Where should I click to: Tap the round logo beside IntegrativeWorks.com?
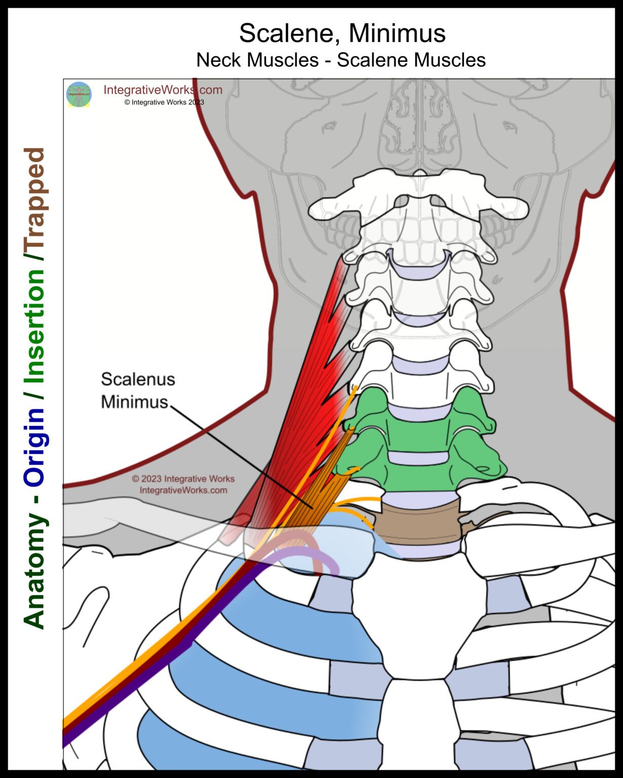coord(79,95)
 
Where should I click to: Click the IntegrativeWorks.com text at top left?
coord(163,90)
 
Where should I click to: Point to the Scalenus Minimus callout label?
coord(137,390)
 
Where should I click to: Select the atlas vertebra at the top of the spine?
coord(419,203)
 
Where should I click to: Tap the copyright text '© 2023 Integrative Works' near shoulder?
coord(183,479)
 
